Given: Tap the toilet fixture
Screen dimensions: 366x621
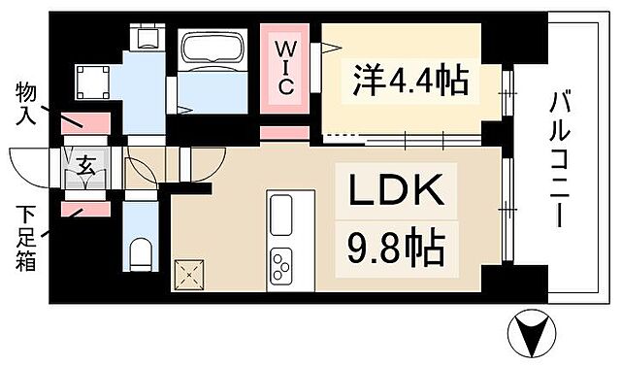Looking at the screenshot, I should (x=141, y=253).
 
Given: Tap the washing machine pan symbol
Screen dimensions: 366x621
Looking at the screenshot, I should (x=94, y=80).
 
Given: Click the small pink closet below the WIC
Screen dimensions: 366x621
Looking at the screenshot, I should (x=284, y=133).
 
